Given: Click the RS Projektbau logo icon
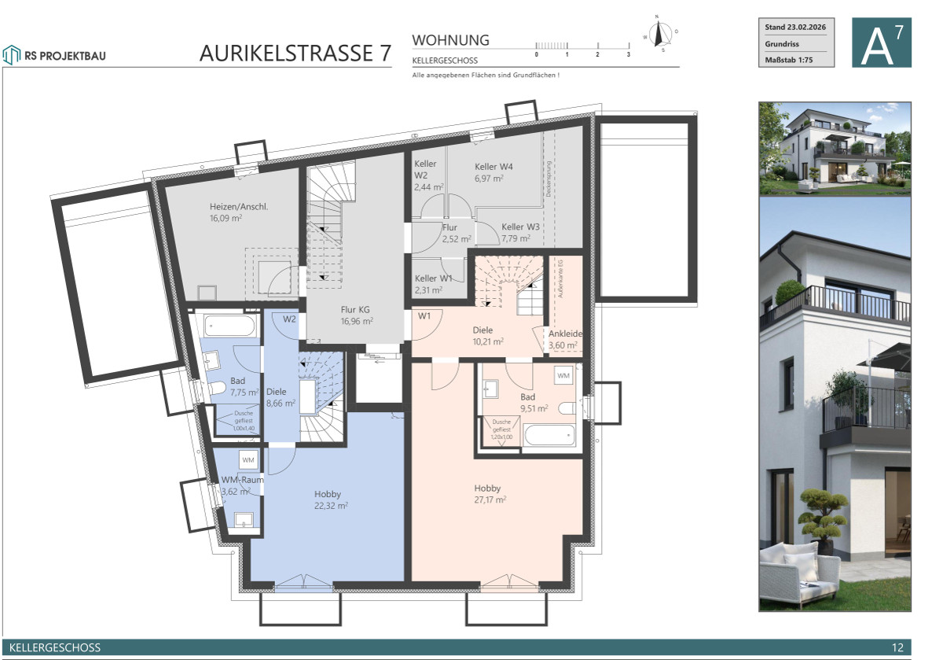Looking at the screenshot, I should [x=11, y=54].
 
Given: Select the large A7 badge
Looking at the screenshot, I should [x=882, y=42].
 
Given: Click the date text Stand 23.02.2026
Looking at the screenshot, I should [x=795, y=28].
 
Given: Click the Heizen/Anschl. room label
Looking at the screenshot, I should [x=238, y=206].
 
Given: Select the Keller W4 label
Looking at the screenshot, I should [x=494, y=167].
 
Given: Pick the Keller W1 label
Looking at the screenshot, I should [x=433, y=278].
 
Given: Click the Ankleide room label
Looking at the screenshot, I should [x=565, y=334].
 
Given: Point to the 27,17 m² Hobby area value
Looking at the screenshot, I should [x=490, y=500].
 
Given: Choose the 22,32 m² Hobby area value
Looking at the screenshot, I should [x=331, y=506].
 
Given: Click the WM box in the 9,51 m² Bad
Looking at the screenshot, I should [x=563, y=377].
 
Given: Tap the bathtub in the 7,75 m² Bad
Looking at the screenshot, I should [x=228, y=326].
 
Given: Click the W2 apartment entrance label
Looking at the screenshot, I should [x=289, y=319].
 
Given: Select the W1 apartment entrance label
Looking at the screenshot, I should [x=425, y=316].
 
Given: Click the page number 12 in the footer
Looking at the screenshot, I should [x=898, y=647].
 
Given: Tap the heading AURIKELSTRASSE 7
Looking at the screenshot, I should [x=295, y=53].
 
